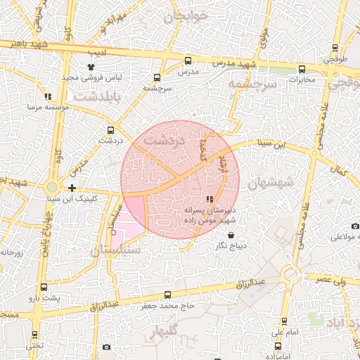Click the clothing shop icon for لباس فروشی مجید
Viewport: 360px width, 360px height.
91,67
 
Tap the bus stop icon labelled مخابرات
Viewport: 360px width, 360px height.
302,69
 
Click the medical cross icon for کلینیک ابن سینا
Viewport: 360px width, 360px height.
72,188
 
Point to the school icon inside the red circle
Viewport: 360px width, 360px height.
209,199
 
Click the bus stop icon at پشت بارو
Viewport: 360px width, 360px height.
44,288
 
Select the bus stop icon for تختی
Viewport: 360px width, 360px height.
34,335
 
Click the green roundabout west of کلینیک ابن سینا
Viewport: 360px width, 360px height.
51,188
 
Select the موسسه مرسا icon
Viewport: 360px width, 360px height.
47,96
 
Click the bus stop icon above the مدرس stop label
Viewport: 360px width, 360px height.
186,60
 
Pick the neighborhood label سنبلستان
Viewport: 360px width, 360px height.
115,250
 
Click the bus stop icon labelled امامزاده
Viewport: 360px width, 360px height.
278,346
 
